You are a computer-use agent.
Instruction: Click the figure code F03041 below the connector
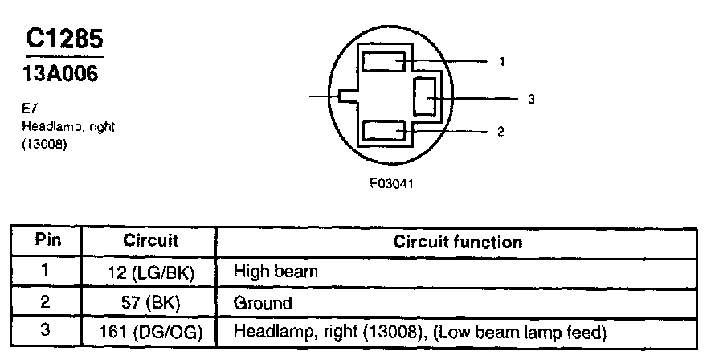click(392, 182)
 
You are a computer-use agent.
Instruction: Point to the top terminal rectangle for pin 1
click(384, 62)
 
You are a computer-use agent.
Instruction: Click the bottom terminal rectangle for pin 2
click(384, 130)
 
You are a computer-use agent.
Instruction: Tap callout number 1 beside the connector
click(501, 61)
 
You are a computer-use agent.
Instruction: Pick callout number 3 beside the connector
click(531, 100)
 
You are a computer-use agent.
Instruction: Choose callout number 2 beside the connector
click(501, 132)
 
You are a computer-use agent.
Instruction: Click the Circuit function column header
click(457, 241)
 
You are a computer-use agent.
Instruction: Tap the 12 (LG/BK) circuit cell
click(150, 272)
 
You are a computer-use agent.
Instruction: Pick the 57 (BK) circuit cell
click(150, 303)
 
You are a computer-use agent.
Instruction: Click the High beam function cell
click(275, 272)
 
